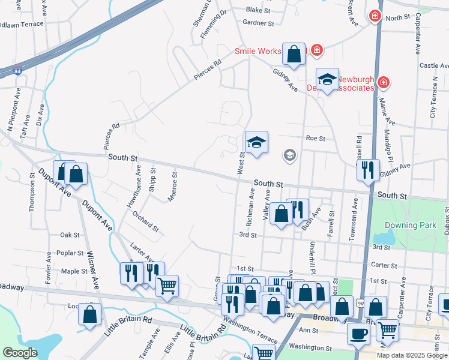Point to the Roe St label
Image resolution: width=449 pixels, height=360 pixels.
click(315, 138)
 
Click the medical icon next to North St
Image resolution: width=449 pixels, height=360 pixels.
click(375, 16)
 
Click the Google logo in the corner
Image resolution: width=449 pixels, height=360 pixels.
click(20, 353)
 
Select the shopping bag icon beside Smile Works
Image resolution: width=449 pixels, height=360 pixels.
click(294, 54)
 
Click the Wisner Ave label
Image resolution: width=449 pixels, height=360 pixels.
click(91, 269)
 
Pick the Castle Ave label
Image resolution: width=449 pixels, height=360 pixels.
click(434, 65)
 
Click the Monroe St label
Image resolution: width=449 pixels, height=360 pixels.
click(172, 187)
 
